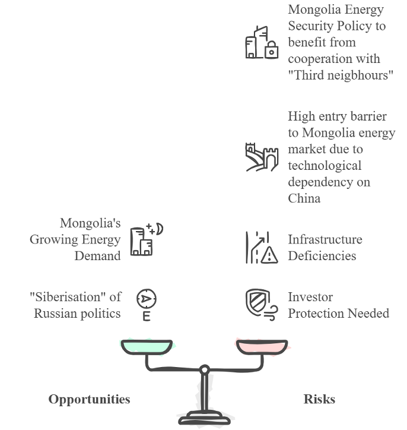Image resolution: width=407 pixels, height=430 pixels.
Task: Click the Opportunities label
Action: (89, 399)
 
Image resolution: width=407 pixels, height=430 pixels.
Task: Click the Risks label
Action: (319, 399)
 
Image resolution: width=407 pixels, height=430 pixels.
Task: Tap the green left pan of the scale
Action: (147, 346)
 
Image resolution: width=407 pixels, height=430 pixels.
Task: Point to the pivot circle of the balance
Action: (204, 369)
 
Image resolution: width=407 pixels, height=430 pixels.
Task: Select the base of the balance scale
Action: (204, 419)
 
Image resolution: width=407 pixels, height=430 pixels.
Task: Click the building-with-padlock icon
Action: (261, 43)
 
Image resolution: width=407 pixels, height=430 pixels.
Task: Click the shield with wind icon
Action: (261, 304)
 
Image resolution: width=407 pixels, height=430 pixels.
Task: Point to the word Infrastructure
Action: (325, 239)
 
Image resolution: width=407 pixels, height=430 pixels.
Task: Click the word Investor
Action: (310, 297)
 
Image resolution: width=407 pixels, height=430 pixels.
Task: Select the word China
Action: (304, 198)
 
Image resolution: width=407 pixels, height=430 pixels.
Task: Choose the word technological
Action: (324, 165)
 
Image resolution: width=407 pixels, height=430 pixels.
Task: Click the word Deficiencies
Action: (322, 256)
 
